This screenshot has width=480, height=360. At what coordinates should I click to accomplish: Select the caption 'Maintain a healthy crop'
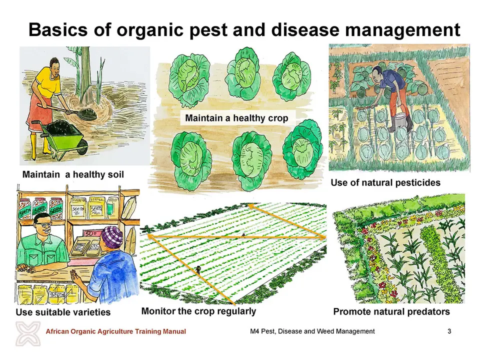(236, 118)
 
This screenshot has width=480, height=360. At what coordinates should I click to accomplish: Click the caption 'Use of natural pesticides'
(385, 182)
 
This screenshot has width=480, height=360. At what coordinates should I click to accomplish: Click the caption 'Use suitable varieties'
(63, 312)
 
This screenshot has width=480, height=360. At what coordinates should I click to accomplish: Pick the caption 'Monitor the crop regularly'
(198, 311)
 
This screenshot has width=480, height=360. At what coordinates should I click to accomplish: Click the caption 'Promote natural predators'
(391, 311)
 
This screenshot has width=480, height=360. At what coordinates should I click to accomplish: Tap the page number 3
(449, 331)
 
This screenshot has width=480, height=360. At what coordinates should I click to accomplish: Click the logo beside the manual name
(28, 333)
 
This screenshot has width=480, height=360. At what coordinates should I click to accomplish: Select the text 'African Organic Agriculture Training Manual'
(115, 331)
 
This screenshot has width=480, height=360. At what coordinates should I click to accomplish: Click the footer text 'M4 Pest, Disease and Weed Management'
(312, 331)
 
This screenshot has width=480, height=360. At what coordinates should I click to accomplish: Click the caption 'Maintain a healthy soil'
(73, 174)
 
